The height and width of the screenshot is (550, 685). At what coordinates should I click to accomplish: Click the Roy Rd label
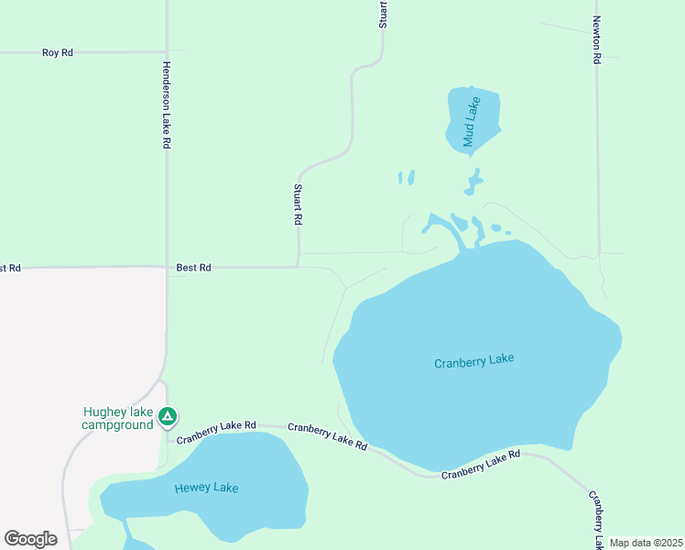[x=57, y=53]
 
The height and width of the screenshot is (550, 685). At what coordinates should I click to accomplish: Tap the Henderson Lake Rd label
[x=167, y=105]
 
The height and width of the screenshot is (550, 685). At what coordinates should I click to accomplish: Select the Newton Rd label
[x=596, y=39]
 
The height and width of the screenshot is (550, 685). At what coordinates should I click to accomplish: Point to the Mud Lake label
[x=471, y=122]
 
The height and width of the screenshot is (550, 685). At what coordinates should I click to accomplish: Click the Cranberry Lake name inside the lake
[x=473, y=361]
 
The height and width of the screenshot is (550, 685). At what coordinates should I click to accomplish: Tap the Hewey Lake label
[x=206, y=488]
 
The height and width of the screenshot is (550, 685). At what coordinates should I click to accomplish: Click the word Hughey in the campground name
[x=102, y=412]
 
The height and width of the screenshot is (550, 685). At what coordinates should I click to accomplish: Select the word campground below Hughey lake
[x=117, y=425]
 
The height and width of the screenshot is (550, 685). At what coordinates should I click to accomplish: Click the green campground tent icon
[x=167, y=418]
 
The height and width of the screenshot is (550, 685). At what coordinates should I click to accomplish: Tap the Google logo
[x=30, y=539]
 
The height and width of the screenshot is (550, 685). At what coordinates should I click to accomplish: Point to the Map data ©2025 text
[x=646, y=543]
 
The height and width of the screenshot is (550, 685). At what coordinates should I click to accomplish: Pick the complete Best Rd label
[x=193, y=268]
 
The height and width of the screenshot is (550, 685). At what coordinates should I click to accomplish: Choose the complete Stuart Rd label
[x=298, y=204]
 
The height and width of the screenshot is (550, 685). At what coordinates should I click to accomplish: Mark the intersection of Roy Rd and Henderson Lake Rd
[x=167, y=52]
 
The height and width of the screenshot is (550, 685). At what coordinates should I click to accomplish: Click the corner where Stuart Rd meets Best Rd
[x=299, y=267]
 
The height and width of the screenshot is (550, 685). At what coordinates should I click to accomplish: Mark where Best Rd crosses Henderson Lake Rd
[x=167, y=268]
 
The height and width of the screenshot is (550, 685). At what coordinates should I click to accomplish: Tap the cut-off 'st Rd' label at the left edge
[x=9, y=269]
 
